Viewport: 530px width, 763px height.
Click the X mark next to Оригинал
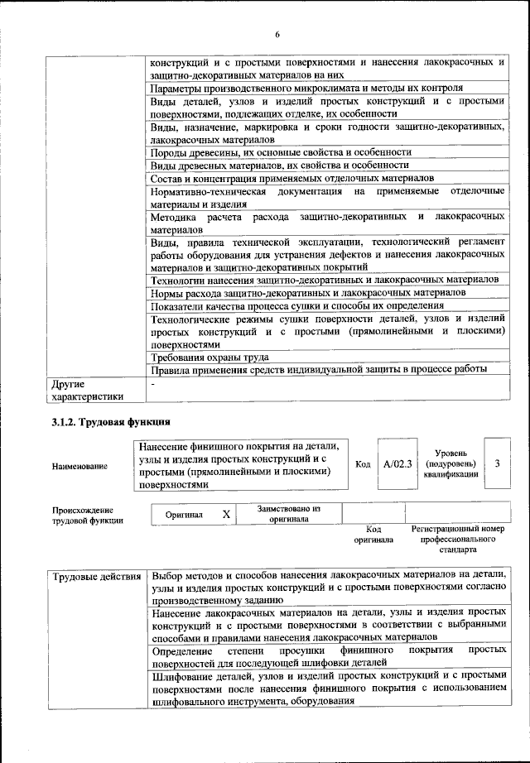226,514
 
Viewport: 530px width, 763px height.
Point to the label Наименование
79,466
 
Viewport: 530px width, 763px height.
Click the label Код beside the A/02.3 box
362,464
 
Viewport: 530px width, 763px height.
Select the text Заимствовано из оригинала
288,514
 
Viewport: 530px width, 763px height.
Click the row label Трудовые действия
96,575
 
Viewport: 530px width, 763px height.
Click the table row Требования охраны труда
209,357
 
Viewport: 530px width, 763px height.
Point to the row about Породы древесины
280,153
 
